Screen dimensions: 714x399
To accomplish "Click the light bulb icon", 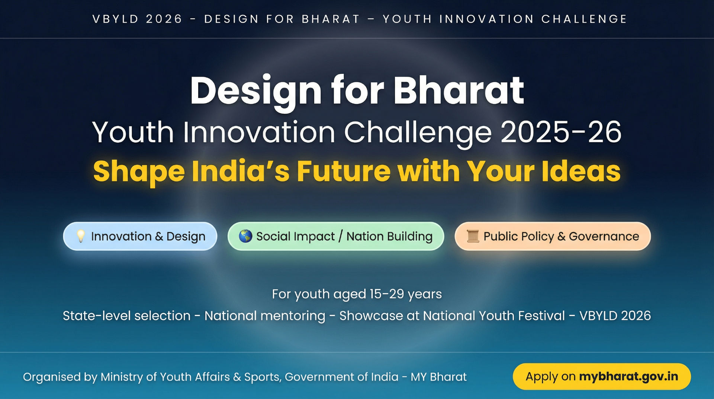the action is tap(81, 236).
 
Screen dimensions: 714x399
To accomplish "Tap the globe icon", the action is tap(245, 236).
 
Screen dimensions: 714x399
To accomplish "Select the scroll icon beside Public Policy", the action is tap(473, 236).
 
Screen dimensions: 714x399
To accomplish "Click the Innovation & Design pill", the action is tap(140, 236).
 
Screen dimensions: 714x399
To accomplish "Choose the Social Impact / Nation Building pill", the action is tap(336, 236).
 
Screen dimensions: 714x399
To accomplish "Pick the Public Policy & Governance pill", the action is tap(553, 236).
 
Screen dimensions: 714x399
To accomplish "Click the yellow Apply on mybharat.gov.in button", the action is tap(602, 376).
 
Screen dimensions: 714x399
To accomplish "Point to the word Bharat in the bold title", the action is tap(459, 91).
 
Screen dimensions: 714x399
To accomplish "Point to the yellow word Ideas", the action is tap(581, 171).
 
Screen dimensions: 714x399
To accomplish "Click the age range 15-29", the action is tap(387, 294).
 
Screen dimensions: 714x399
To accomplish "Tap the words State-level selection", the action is tap(126, 316).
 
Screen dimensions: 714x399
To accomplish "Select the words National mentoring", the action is tap(265, 316).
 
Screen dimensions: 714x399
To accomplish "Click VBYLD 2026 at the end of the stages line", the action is tap(615, 316).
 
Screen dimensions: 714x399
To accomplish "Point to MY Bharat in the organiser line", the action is tap(438, 377).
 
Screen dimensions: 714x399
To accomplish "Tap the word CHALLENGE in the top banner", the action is tap(584, 19).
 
